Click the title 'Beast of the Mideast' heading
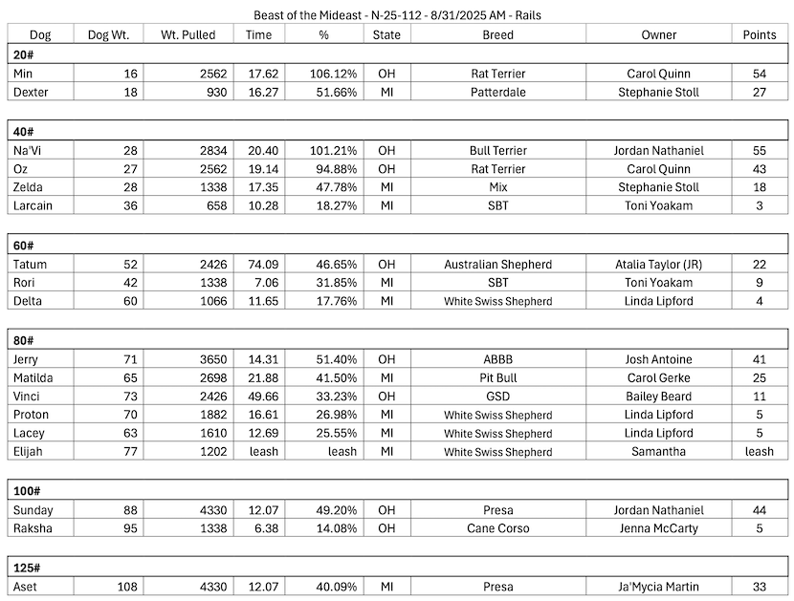click(x=396, y=15)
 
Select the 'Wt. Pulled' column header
click(x=181, y=35)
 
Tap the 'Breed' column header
click(x=497, y=35)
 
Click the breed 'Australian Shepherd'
click(x=497, y=264)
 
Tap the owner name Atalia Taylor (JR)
click(x=658, y=264)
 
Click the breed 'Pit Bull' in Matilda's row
click(x=497, y=378)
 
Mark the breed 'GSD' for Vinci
click(x=497, y=397)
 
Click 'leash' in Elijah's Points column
click(x=759, y=452)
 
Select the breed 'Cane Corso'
click(x=497, y=528)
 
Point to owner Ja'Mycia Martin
click(x=658, y=587)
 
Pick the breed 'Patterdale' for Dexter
click(x=497, y=93)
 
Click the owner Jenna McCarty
click(x=658, y=528)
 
